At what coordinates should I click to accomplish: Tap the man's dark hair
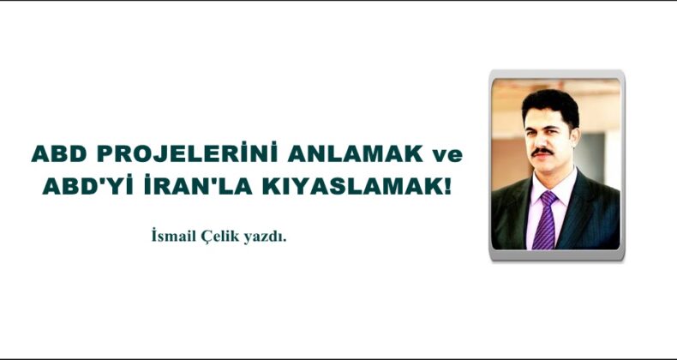[548, 104]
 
